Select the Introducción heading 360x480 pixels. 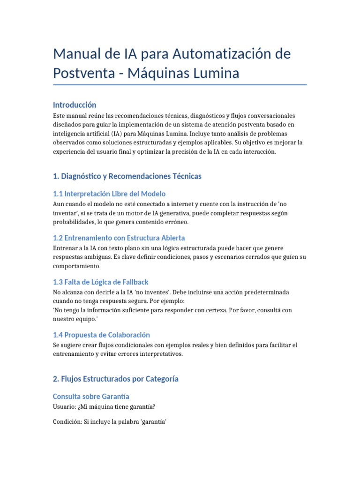click(75, 105)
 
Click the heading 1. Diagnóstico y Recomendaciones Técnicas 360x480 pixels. click(127, 176)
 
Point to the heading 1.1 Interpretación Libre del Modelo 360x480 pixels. click(109, 194)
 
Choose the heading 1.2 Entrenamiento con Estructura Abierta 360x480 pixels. click(119, 238)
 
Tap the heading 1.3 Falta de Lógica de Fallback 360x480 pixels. click(101, 282)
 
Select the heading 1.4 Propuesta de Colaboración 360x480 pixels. click(101, 335)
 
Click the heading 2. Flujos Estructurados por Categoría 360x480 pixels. click(116, 379)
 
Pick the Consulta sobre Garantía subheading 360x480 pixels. click(91, 397)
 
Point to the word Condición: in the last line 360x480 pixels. click(67, 422)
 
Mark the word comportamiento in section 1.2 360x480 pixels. click(77, 266)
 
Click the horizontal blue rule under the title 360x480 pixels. click(180, 85)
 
